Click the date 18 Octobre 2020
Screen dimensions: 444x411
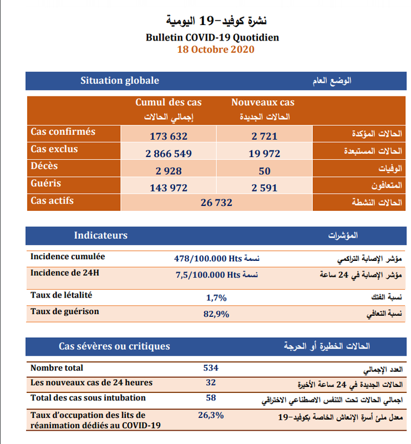(215, 49)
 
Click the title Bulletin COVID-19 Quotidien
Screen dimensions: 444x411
(212, 38)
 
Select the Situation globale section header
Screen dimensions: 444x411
(120, 80)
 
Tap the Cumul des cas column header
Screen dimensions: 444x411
(169, 103)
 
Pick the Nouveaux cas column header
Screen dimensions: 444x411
(263, 103)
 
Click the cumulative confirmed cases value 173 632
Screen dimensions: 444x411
(169, 136)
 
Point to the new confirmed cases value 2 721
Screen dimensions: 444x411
(264, 136)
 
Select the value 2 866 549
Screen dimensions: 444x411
(169, 154)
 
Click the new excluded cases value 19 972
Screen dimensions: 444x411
(264, 154)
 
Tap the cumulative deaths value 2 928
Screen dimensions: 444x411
(169, 171)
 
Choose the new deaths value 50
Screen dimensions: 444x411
(264, 171)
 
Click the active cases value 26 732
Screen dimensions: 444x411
(216, 203)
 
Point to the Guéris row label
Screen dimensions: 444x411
(46, 183)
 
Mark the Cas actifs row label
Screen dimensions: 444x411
(52, 200)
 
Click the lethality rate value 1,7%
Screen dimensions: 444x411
(216, 297)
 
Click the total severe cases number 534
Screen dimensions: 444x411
(211, 367)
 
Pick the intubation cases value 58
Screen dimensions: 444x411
(211, 397)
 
